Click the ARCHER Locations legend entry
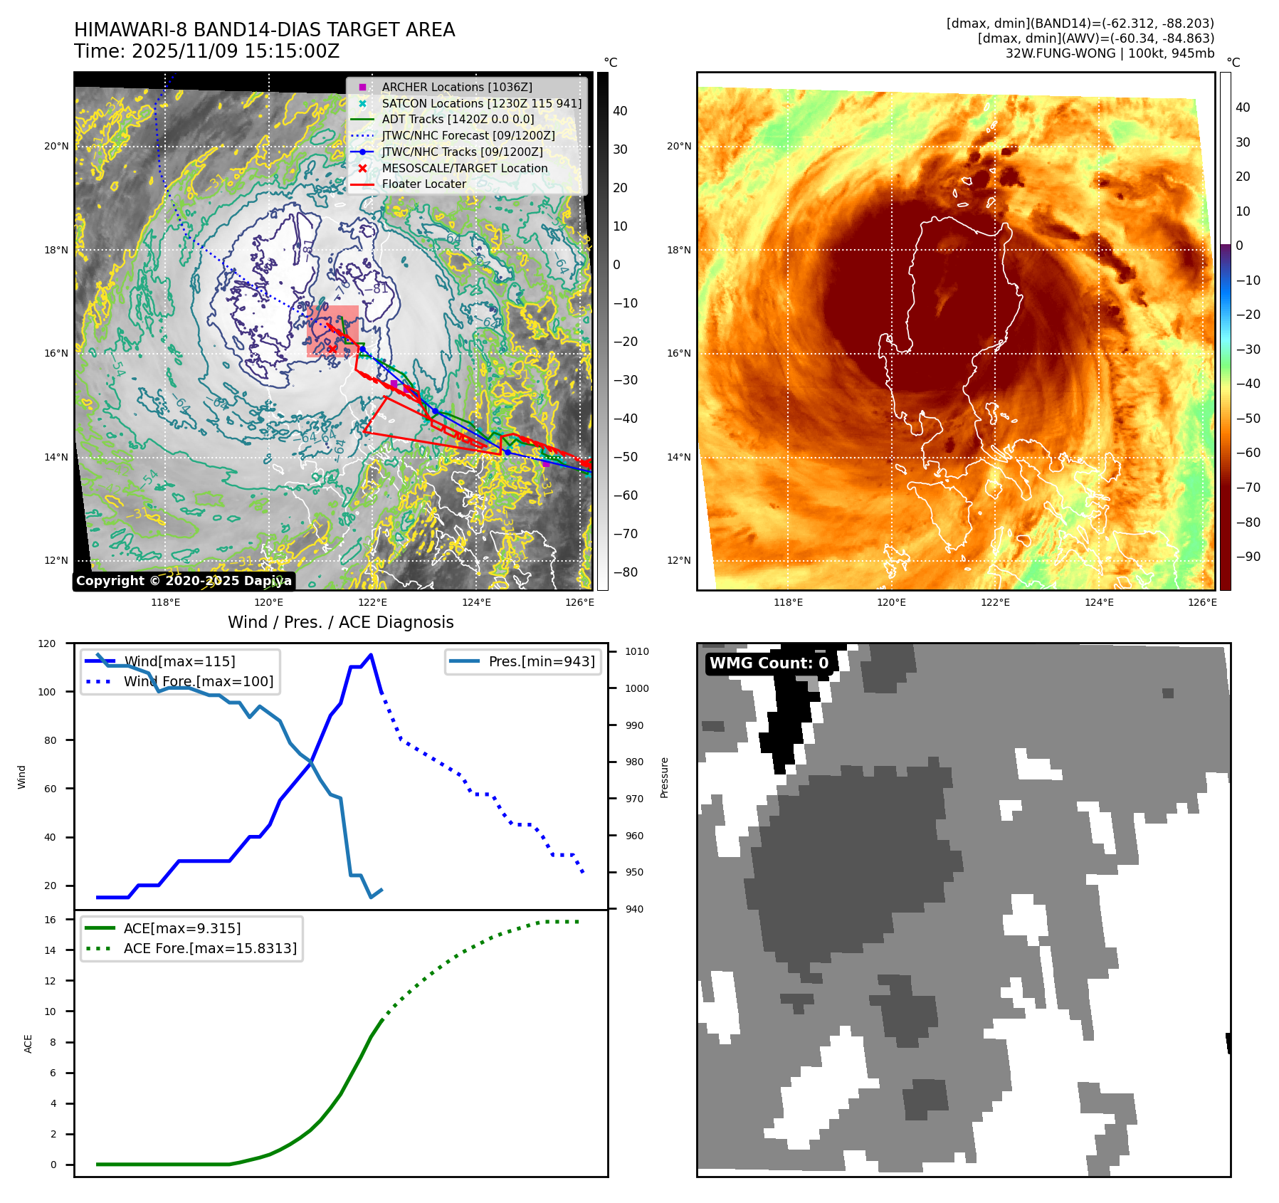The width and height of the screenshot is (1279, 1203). [x=456, y=87]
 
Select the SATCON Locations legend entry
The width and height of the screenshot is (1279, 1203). [x=481, y=103]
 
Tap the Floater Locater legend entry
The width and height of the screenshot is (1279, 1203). [x=423, y=184]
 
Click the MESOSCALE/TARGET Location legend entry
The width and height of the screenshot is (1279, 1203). [x=464, y=168]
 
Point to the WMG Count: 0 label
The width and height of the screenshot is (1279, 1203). [x=769, y=663]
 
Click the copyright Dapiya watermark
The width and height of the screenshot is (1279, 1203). [x=184, y=581]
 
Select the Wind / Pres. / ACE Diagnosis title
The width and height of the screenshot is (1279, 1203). [x=340, y=622]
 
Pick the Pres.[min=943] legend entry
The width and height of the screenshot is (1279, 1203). [x=541, y=661]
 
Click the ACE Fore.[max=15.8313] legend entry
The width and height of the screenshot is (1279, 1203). [x=210, y=948]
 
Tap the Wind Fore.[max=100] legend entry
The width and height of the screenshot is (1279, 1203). [x=198, y=681]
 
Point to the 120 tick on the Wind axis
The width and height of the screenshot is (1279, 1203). [x=47, y=643]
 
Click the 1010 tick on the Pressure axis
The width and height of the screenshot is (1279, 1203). [x=636, y=651]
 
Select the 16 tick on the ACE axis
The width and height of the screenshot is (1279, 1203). [x=51, y=920]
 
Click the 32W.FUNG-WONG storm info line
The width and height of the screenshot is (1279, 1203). [x=1109, y=53]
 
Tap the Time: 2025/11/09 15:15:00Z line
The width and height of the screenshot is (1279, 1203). [x=206, y=52]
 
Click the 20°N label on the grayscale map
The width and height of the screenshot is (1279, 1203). [x=57, y=147]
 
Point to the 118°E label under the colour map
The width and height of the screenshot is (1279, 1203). [x=788, y=602]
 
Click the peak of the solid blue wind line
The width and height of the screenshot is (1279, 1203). [x=371, y=655]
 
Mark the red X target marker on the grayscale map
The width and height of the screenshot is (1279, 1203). [x=332, y=348]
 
